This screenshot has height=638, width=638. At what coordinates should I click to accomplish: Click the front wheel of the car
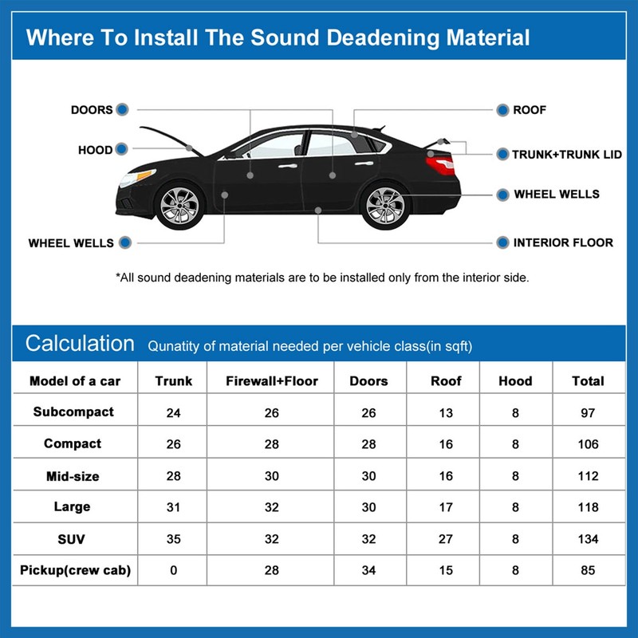(179, 205)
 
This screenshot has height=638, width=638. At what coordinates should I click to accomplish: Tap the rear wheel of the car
(385, 205)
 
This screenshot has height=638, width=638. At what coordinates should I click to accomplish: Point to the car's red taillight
(439, 166)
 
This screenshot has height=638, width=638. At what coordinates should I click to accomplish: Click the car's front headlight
(137, 177)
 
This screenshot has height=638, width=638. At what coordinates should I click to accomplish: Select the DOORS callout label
(92, 110)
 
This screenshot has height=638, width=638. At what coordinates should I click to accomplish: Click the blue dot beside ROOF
(502, 110)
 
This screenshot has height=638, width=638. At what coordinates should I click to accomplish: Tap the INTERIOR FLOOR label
(563, 242)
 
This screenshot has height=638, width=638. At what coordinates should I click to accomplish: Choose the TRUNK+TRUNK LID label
(567, 154)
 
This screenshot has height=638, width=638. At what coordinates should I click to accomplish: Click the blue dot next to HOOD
(121, 149)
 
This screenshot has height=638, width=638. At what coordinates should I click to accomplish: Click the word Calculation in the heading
(80, 344)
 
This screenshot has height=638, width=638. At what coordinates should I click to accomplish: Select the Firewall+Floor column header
(272, 381)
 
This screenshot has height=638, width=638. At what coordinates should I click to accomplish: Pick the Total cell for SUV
(588, 539)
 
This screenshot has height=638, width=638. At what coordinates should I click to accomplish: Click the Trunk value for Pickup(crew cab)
(174, 570)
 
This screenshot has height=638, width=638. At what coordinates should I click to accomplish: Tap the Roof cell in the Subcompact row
(446, 412)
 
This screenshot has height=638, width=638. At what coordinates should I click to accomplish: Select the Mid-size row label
(73, 476)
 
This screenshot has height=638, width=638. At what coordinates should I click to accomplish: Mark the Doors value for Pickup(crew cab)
(368, 570)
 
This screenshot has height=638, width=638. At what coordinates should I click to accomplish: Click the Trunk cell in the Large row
(174, 507)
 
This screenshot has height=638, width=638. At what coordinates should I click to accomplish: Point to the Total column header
(588, 381)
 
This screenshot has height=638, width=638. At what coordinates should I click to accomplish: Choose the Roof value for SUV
(446, 539)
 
